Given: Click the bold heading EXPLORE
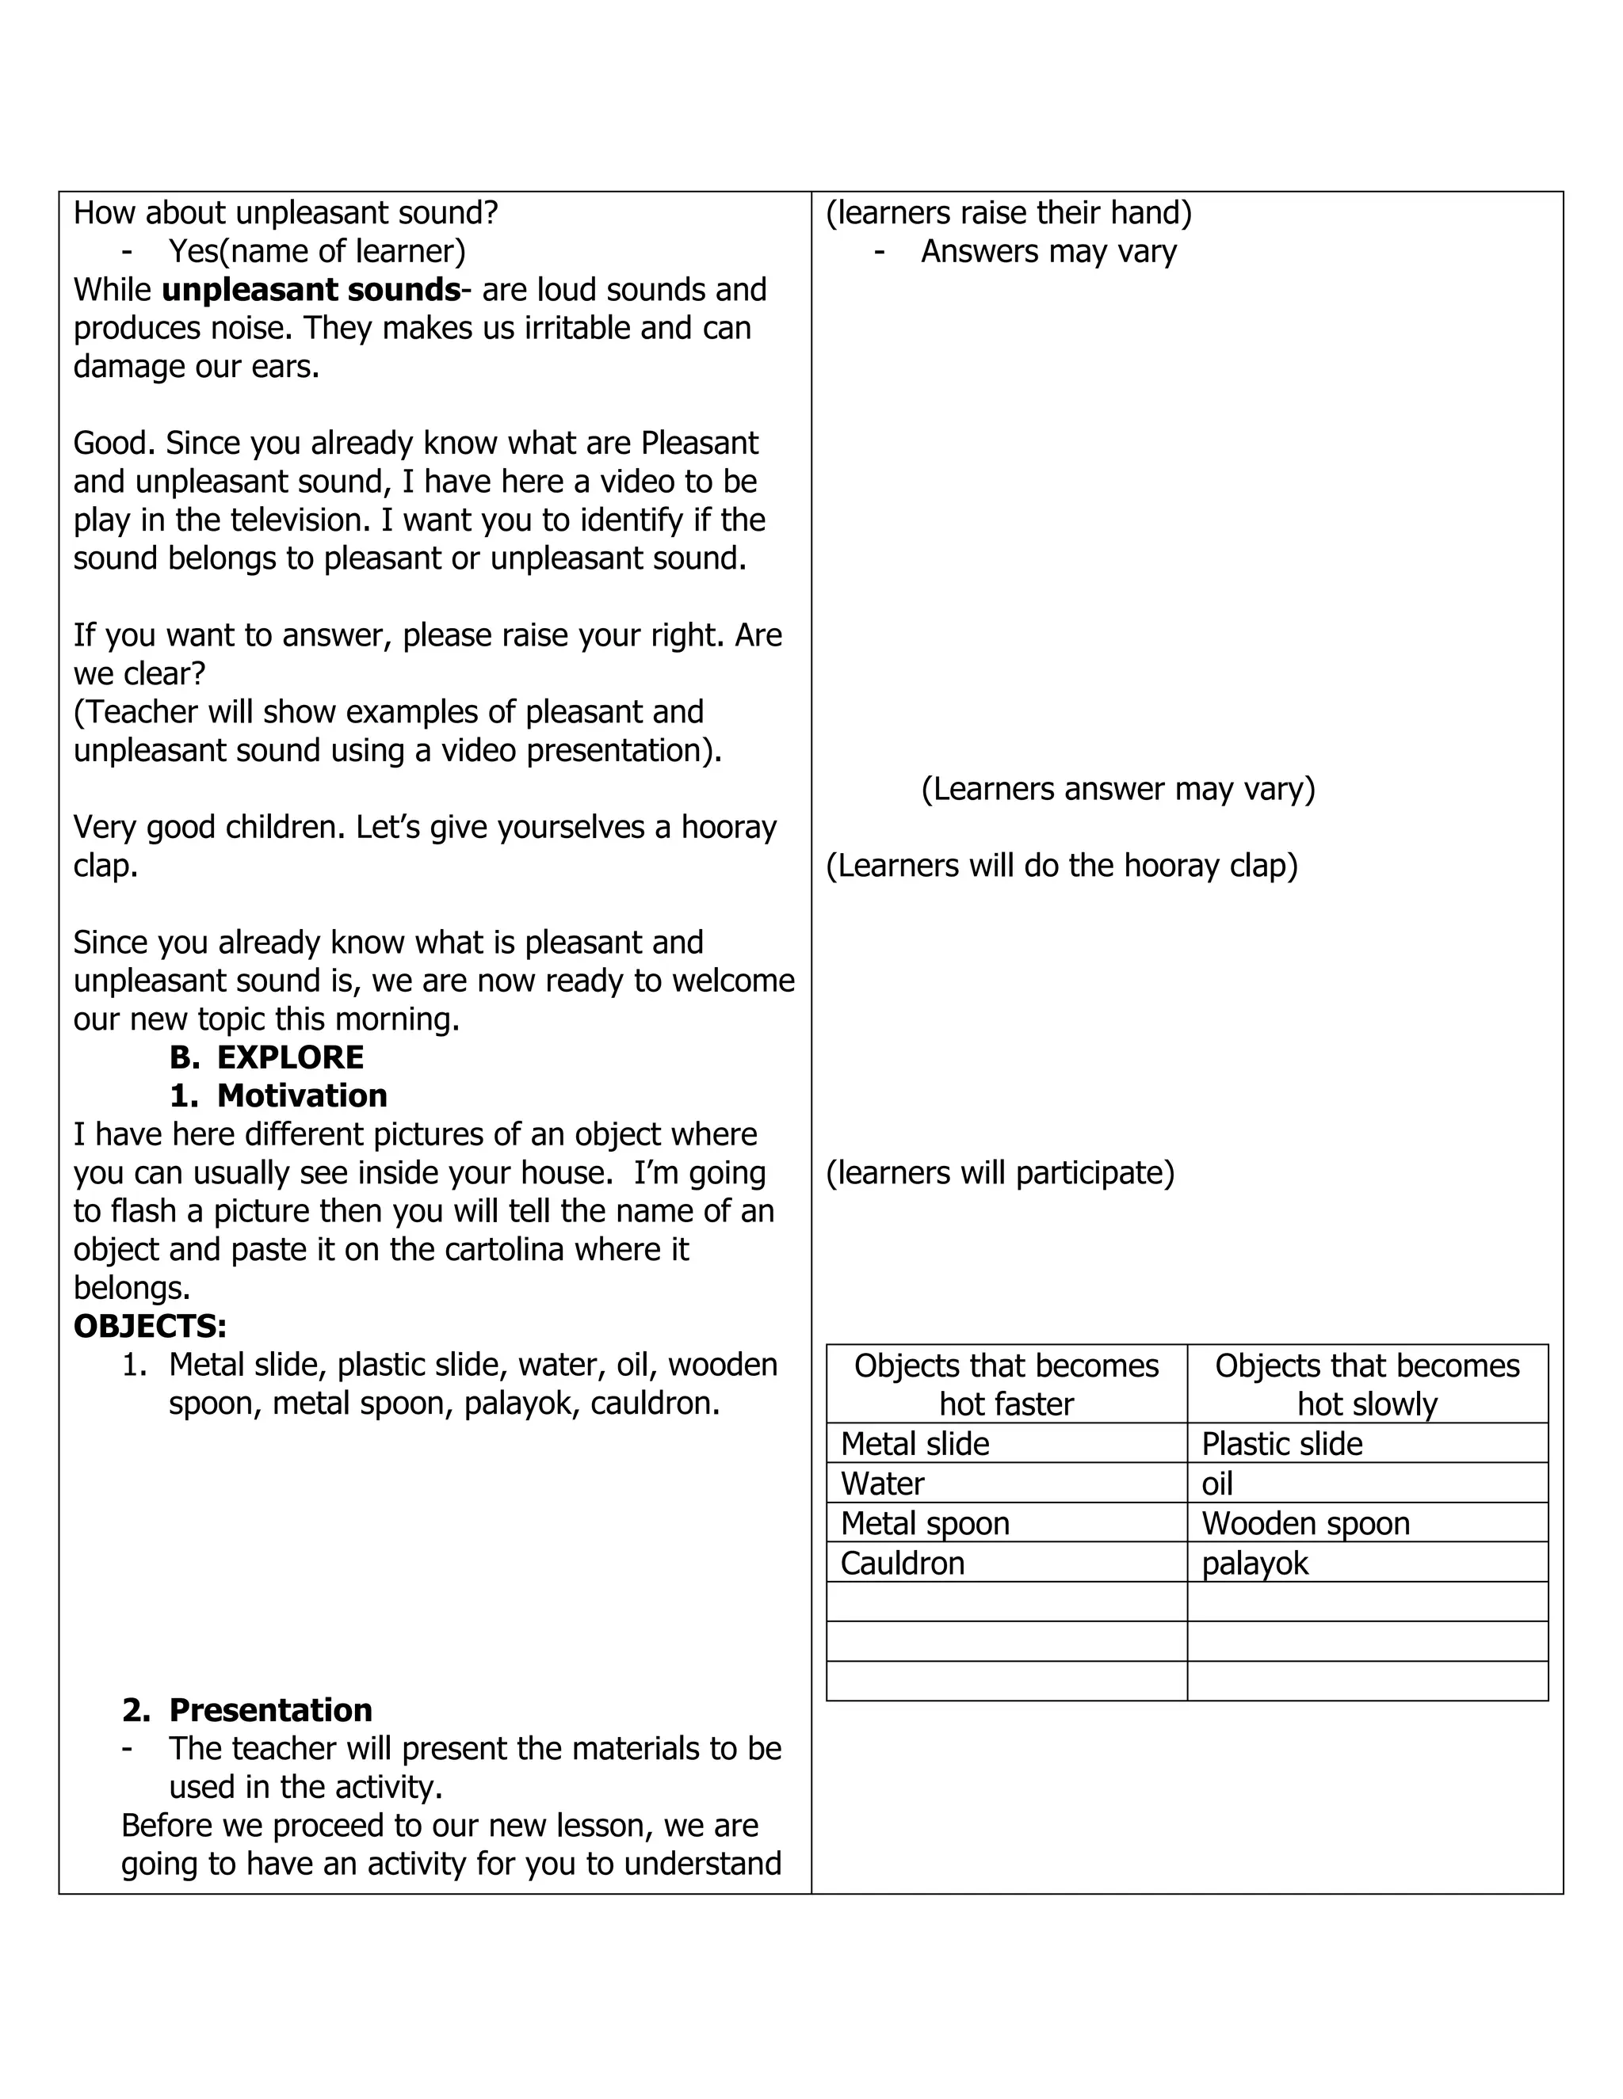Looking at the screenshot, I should click(x=289, y=1057).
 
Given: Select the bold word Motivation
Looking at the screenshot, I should click(x=302, y=1095).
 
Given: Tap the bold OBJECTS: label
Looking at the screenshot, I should click(x=150, y=1326).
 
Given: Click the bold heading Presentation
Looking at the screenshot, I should click(x=270, y=1710).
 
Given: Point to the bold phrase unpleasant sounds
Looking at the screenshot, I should click(x=311, y=289).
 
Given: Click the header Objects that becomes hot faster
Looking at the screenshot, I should click(x=1006, y=1384).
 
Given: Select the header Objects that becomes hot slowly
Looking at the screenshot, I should click(x=1366, y=1384).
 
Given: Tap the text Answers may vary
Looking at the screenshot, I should click(x=1048, y=251).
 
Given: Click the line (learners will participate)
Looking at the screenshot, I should click(x=1000, y=1172).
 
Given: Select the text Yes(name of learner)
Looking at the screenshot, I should click(x=316, y=251).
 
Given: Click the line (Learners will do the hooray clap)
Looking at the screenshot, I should click(x=1061, y=865).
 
